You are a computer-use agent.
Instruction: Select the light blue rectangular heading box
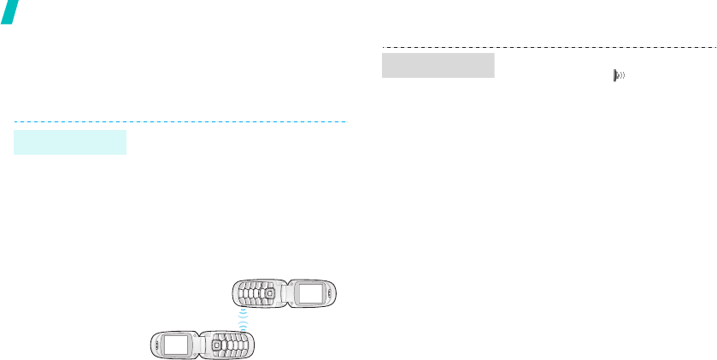70,142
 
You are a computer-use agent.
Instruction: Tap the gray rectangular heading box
438,65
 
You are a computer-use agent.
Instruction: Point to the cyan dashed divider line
179,121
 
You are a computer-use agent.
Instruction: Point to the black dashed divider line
547,46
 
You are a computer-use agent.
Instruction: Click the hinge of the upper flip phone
285,295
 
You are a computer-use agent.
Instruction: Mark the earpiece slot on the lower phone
156,345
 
